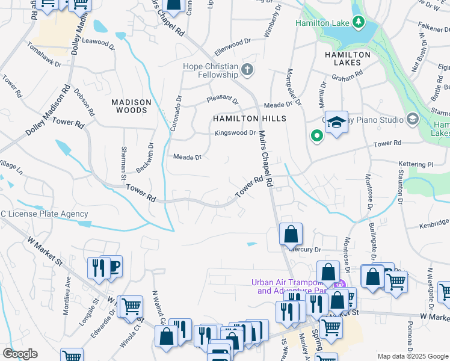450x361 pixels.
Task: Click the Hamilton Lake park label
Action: tap(322, 23)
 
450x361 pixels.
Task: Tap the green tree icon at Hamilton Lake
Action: tap(359, 23)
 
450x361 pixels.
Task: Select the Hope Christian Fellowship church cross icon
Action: tap(247, 70)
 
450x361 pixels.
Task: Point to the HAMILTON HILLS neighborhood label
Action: tap(249, 119)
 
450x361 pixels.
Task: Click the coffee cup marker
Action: tap(112, 266)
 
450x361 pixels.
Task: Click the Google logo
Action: tap(20, 354)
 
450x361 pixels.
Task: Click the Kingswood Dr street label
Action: tap(235, 132)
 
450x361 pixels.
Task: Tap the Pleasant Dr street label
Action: tap(223, 98)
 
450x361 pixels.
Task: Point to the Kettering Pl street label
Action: tap(416, 164)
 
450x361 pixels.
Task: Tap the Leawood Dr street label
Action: tap(98, 43)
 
